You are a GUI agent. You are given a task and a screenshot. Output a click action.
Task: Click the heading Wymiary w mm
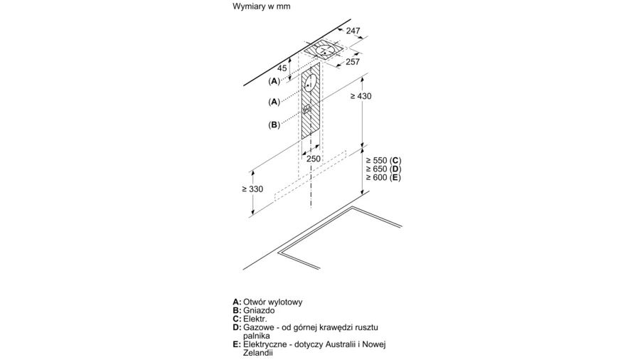(261, 6)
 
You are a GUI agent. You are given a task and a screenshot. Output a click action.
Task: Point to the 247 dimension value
(353, 31)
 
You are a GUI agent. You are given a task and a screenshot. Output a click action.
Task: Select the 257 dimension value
(353, 62)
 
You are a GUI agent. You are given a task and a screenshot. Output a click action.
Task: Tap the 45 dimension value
(282, 68)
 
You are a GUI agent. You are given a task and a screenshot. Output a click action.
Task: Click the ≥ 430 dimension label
(361, 97)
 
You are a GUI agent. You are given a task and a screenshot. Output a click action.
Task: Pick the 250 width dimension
(314, 159)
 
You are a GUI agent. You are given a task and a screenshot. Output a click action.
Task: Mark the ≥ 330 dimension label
(252, 189)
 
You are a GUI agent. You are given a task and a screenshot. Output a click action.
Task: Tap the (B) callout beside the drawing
(274, 125)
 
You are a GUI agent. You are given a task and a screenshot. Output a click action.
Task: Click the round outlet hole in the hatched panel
(311, 83)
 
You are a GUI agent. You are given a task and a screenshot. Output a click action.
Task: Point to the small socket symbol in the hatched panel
(308, 110)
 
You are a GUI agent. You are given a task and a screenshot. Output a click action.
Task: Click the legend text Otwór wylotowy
(272, 302)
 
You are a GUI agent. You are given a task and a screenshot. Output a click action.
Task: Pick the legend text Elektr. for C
(255, 319)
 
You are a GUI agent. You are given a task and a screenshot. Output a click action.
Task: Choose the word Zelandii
(258, 352)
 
